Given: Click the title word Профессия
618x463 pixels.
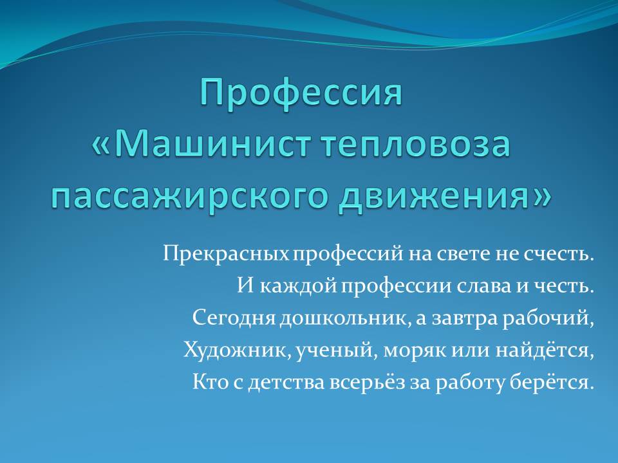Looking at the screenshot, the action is pyautogui.click(x=301, y=95).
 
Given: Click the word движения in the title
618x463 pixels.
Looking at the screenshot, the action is pyautogui.click(x=433, y=197).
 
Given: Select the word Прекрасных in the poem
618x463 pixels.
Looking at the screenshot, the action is pyautogui.click(x=226, y=254).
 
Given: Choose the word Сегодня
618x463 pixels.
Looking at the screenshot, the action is pyautogui.click(x=234, y=318).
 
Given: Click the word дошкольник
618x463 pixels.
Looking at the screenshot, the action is pyautogui.click(x=342, y=318).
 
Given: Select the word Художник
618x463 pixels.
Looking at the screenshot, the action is pyautogui.click(x=232, y=350).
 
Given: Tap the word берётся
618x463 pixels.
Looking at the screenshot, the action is pyautogui.click(x=548, y=382).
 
